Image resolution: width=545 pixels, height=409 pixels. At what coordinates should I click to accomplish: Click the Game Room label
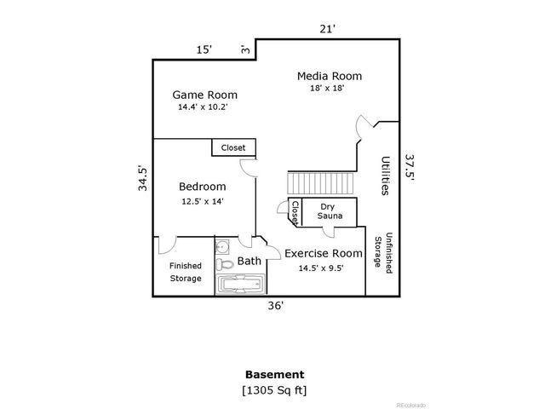(204, 95)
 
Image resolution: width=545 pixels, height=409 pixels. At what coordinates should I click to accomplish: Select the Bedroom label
(202, 187)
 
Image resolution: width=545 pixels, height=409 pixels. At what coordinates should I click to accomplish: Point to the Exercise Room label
(323, 253)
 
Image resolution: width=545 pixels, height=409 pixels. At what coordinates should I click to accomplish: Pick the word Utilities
(386, 176)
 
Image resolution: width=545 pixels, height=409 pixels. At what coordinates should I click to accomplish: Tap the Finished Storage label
(185, 272)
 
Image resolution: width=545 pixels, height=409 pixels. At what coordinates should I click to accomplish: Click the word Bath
(250, 261)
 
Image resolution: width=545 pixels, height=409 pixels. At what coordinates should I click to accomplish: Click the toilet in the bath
(224, 264)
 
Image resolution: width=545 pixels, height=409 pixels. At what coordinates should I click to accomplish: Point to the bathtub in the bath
(238, 284)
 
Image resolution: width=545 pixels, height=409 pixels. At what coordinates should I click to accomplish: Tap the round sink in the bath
(221, 248)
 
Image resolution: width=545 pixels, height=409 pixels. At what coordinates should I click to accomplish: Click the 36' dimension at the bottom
(275, 307)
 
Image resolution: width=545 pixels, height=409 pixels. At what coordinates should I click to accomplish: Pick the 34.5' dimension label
(144, 177)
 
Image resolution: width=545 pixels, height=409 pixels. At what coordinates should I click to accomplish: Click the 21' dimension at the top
(327, 29)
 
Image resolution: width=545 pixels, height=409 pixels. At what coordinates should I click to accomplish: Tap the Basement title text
(274, 374)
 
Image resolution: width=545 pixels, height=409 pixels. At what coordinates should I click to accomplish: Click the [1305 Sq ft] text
(274, 390)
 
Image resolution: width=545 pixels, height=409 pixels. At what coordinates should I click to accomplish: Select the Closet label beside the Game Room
(232, 147)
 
